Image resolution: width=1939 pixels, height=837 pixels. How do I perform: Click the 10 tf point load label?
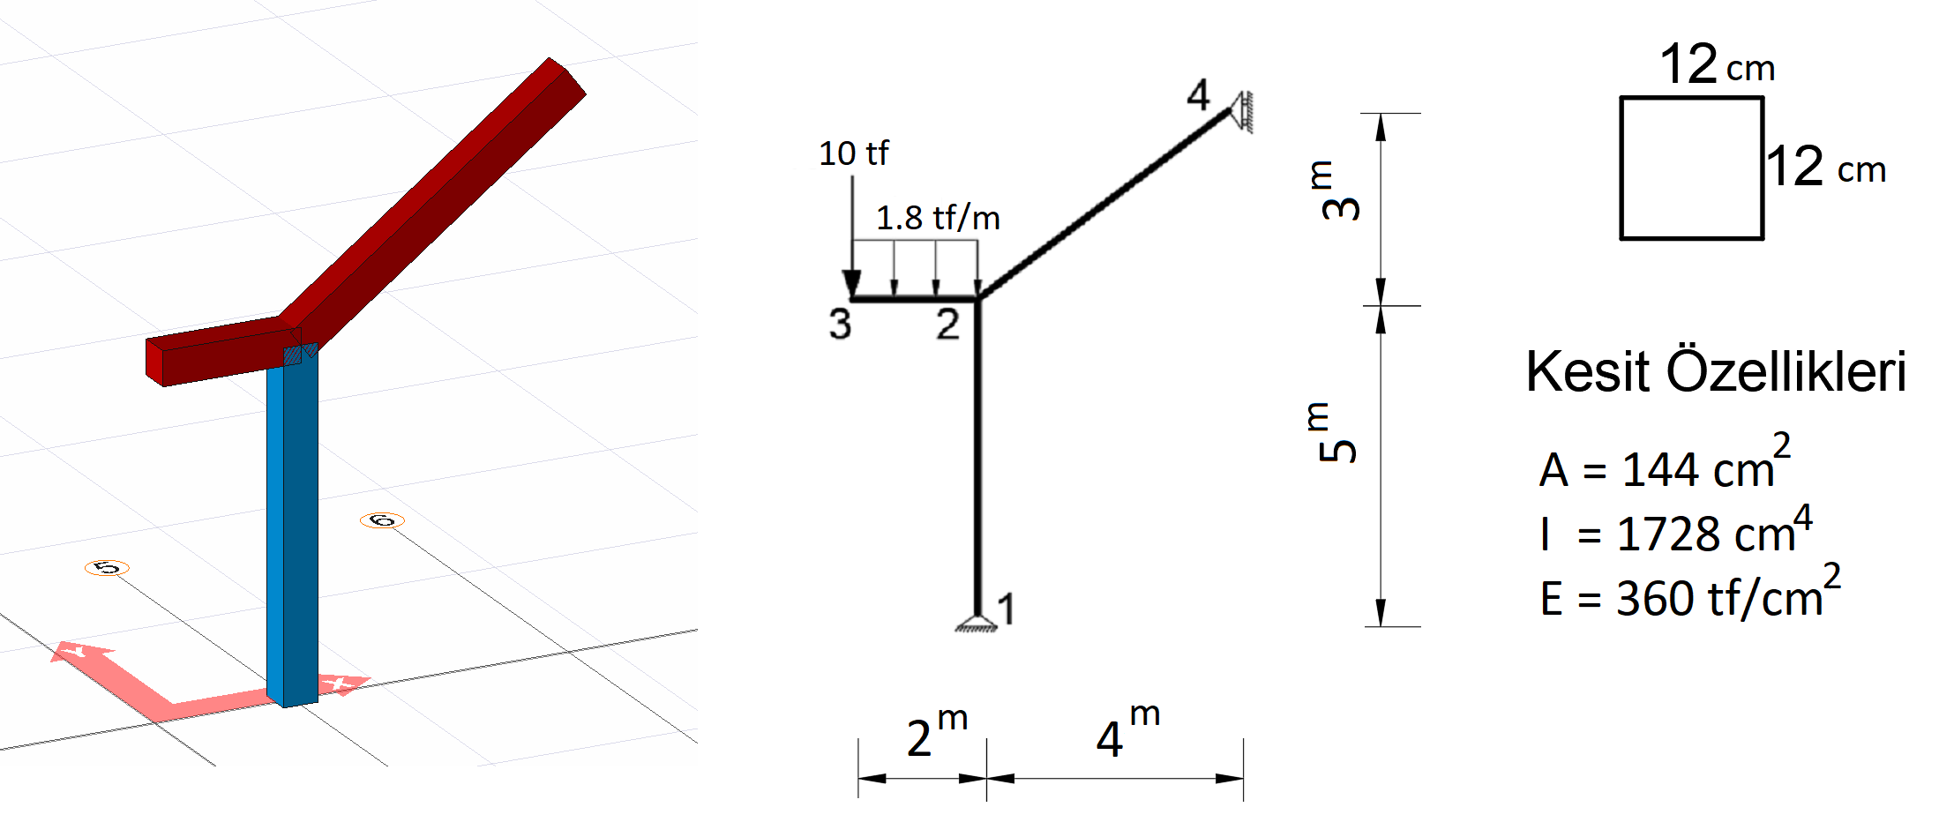(x=853, y=153)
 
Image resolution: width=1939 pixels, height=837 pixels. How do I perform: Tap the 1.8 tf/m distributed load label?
(x=938, y=218)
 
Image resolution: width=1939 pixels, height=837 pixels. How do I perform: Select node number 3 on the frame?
(x=840, y=324)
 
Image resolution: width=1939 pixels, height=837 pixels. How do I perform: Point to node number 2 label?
(x=947, y=324)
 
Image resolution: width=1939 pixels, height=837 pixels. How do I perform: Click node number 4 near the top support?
(x=1198, y=94)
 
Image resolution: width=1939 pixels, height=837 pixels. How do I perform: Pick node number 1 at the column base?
(x=1007, y=609)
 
